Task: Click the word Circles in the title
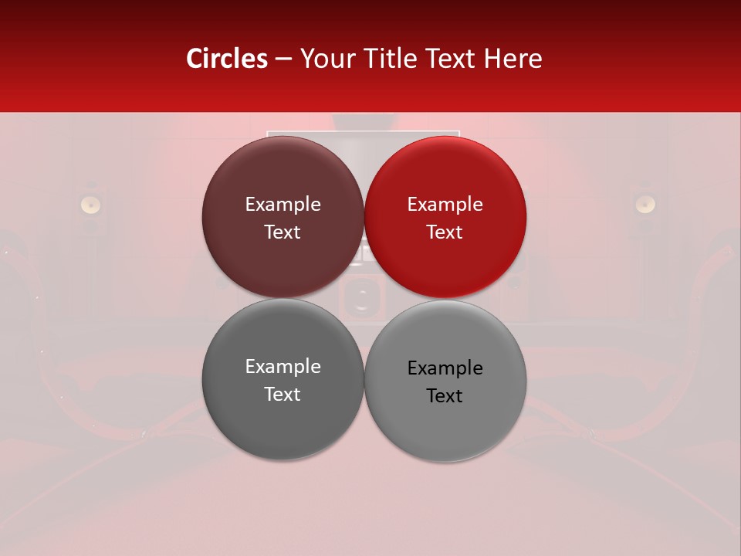pos(226,59)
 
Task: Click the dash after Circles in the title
pos(283,59)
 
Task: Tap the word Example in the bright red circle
pos(445,205)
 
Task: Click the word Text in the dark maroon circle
pos(283,232)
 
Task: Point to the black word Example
pos(445,368)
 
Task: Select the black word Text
pos(445,396)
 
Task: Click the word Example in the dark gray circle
pos(283,367)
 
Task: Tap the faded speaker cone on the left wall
pos(91,204)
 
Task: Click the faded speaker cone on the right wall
pos(645,204)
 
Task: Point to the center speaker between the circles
pos(360,297)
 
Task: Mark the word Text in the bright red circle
pos(445,232)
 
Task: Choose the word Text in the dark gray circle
pos(283,395)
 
